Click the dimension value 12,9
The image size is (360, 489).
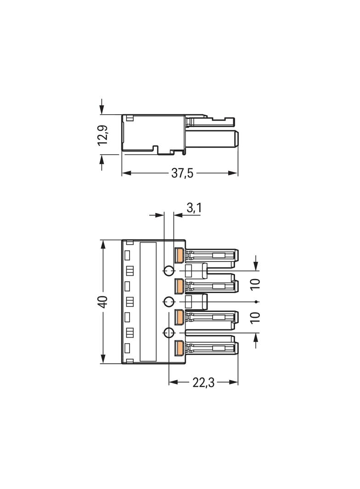[x=103, y=135]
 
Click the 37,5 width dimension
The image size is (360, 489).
[x=182, y=173]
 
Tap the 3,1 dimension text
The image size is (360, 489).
[x=194, y=208]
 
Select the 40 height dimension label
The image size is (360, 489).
[x=103, y=301]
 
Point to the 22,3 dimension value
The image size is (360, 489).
[x=203, y=382]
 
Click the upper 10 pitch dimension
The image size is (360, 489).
[x=255, y=284]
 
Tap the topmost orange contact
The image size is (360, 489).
[x=179, y=255]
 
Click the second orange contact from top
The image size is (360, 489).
[x=179, y=286]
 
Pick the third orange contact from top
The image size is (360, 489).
[x=179, y=317]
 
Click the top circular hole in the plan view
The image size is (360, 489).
[x=169, y=271]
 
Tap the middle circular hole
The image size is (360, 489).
[x=169, y=301]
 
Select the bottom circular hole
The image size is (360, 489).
[x=169, y=333]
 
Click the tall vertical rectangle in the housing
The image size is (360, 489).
[x=148, y=302]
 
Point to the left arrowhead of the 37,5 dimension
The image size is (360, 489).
[x=125, y=173]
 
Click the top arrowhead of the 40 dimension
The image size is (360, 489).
[x=103, y=244]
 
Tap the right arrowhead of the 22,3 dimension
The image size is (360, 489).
[x=234, y=382]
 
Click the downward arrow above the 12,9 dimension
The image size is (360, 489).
[x=102, y=106]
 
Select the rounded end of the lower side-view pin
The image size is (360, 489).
[x=237, y=139]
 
